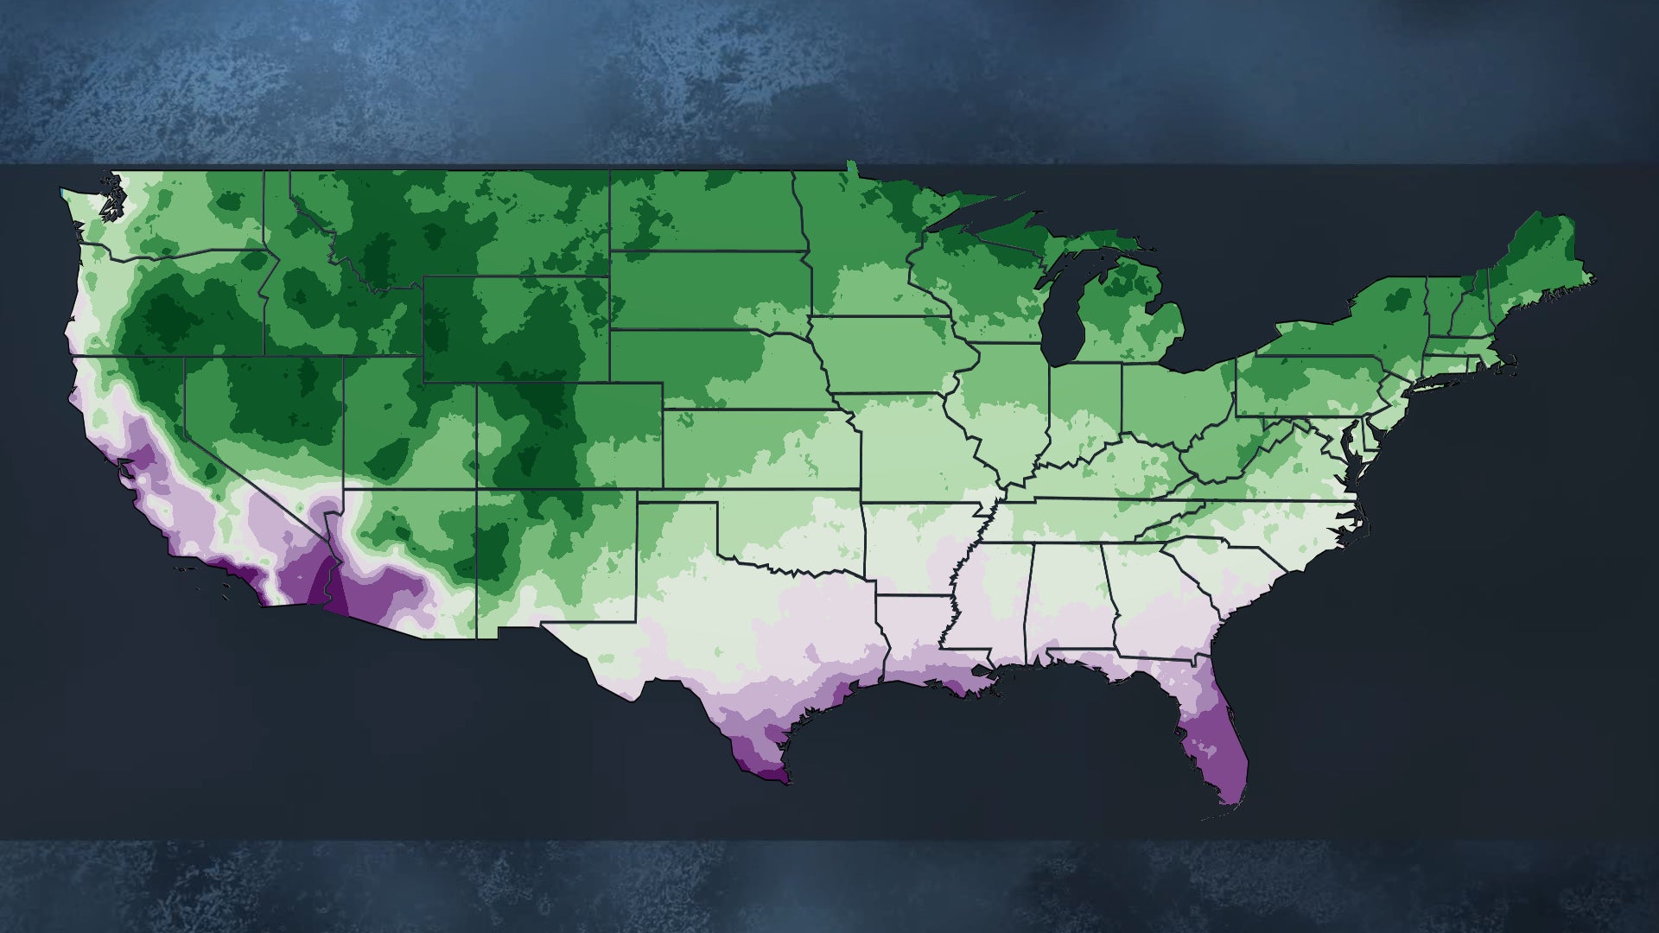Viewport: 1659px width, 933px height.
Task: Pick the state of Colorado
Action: coord(570,436)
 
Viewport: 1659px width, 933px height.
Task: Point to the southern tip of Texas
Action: coord(769,773)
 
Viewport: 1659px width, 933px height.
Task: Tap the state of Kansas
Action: coord(760,449)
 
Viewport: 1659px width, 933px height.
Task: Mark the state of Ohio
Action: coord(1175,397)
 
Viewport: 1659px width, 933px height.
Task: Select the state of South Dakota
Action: coord(709,289)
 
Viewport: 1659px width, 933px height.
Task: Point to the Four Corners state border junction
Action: coord(476,490)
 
